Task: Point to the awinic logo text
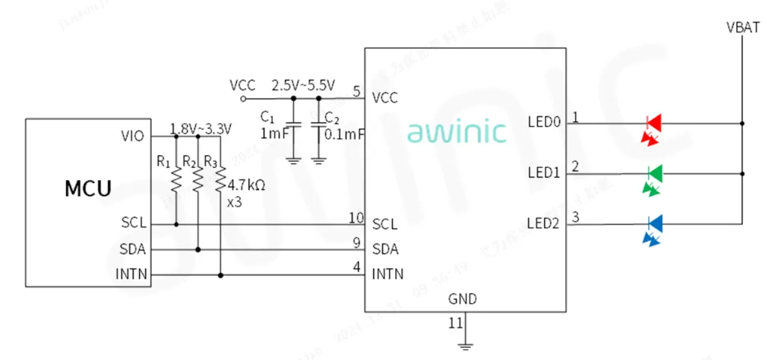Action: tap(456, 131)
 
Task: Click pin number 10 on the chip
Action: tap(356, 219)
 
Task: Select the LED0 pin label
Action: tap(543, 122)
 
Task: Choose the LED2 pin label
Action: tap(543, 223)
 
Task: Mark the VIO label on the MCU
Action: tap(132, 136)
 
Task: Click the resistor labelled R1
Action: tap(176, 179)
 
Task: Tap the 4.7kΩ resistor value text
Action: tap(246, 184)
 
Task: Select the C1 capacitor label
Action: tap(267, 117)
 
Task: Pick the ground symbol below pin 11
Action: tap(465, 346)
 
